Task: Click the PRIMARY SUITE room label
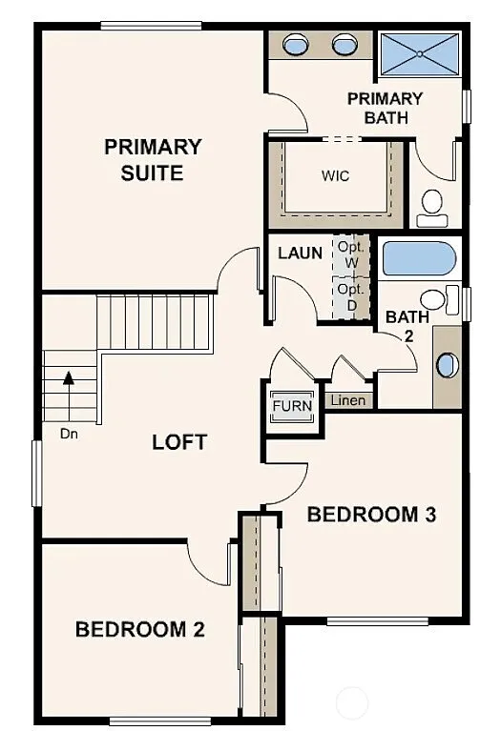tap(153, 160)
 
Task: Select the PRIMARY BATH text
tap(385, 108)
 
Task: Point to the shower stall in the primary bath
tap(418, 53)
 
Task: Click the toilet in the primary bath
tap(432, 205)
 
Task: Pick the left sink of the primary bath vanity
tap(297, 45)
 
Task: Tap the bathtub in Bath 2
tap(418, 258)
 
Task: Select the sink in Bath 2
tap(446, 365)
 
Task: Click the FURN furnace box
tap(291, 406)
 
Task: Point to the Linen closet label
tap(346, 400)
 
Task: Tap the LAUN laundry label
tap(299, 254)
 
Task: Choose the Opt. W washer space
tap(350, 253)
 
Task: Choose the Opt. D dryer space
tap(350, 295)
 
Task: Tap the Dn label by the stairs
tap(68, 434)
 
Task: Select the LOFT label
tap(179, 442)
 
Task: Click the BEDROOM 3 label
tap(371, 515)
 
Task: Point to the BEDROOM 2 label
tap(140, 629)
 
